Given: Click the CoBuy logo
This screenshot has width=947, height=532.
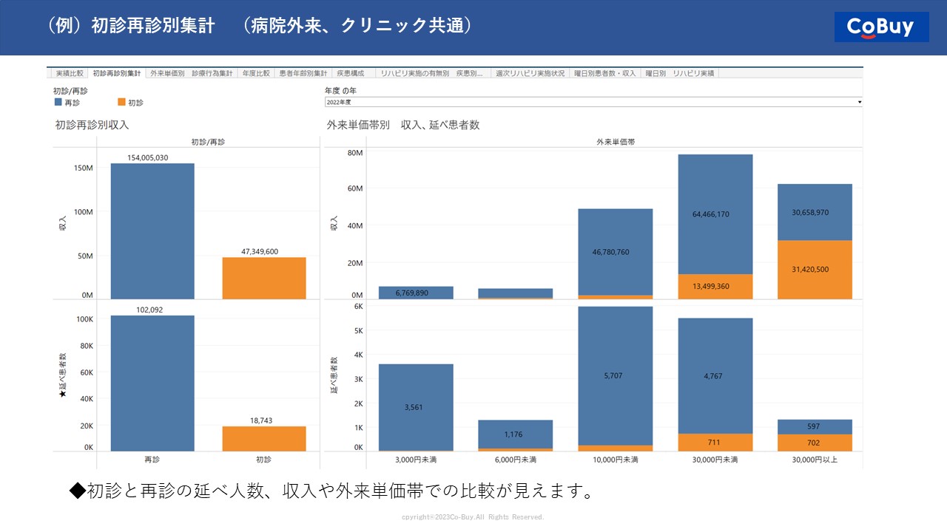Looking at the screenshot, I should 881,27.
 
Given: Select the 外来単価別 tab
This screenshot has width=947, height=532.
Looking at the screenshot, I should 167,74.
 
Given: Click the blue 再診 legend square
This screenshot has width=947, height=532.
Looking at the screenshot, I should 58,102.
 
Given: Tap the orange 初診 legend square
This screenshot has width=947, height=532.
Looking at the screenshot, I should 121,102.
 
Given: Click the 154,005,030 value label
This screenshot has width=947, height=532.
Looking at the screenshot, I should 147,157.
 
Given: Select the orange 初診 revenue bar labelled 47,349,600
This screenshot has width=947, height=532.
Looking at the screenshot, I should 264,278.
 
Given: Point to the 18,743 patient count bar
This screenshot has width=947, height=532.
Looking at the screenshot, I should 264,439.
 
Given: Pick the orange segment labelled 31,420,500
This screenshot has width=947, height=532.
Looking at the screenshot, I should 815,270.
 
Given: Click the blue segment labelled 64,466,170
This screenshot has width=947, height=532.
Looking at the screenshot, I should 715,214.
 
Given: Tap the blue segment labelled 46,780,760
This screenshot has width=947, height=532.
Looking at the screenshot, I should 616,252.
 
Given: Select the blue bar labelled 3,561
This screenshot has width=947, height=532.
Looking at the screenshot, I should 416,407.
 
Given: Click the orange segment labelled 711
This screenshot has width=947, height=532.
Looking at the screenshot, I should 715,442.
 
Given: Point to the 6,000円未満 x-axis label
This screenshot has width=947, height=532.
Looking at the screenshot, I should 515,460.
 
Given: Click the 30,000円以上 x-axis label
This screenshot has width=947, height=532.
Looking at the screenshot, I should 815,460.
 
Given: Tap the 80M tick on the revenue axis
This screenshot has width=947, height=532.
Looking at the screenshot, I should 354,153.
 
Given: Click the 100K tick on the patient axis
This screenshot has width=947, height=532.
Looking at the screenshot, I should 84,319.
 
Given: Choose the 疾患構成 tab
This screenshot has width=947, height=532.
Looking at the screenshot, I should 351,74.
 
